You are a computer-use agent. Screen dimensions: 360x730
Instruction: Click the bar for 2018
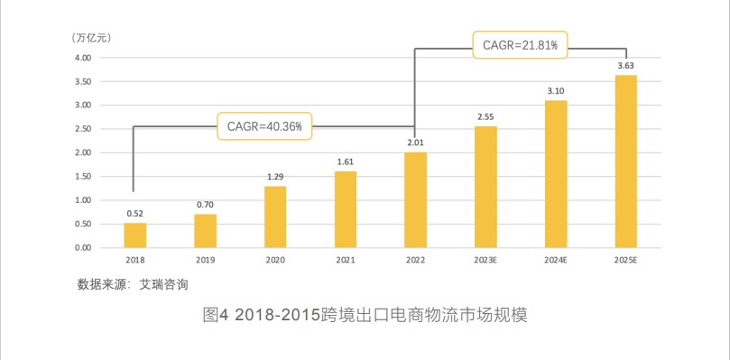135,235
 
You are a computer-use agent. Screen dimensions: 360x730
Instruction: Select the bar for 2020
275,217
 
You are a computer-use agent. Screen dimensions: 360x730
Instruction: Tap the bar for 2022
415,199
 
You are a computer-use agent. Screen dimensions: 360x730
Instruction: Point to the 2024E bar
556,173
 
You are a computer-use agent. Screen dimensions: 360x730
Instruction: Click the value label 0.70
206,205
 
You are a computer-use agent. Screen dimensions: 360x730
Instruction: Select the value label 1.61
346,162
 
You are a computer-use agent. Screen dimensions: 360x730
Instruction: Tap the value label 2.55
485,117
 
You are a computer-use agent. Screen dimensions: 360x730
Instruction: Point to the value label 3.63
625,66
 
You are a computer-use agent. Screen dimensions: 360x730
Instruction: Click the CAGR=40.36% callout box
265,126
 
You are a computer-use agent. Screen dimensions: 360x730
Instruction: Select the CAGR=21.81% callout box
521,44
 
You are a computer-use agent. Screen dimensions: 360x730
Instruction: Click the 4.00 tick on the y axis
83,58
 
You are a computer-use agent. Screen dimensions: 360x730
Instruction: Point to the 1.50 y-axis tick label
83,176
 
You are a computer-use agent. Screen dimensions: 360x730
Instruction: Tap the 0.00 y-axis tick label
83,247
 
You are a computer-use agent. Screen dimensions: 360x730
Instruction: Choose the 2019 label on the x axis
206,261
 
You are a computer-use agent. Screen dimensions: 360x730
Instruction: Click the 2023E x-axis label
485,261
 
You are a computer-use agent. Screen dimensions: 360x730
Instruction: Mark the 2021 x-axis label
346,261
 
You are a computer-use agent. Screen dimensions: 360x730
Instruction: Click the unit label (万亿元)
92,38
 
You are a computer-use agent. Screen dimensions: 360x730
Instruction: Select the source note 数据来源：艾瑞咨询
133,284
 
